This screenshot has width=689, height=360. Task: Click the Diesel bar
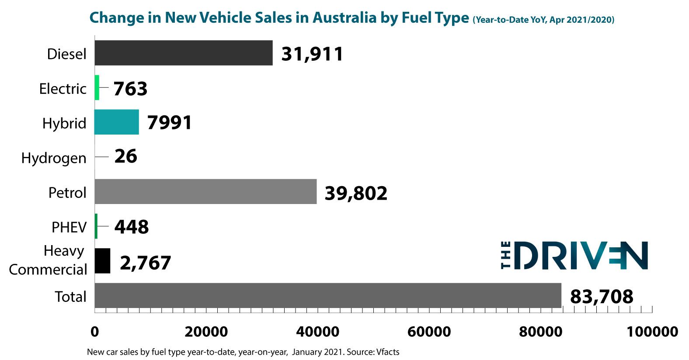[x=183, y=53]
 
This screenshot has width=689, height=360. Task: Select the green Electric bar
[x=97, y=87]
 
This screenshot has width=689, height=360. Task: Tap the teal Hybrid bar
[x=117, y=122]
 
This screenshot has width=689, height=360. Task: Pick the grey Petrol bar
[x=205, y=191]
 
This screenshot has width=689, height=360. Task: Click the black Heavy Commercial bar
[x=102, y=261]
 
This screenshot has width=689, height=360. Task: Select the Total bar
[x=327, y=295]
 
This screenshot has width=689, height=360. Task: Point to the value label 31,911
[x=312, y=54]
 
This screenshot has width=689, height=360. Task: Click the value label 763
[x=130, y=89]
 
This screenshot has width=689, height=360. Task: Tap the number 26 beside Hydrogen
[x=126, y=156]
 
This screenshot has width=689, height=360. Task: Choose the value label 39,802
[x=356, y=193]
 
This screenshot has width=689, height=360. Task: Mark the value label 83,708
[x=602, y=297]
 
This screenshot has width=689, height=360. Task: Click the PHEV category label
[x=69, y=227]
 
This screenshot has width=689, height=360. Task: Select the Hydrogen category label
[x=54, y=158]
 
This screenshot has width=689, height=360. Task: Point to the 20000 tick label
[x=206, y=332]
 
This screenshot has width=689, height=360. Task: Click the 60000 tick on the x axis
[x=429, y=332]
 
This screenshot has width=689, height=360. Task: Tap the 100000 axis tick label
[x=652, y=332]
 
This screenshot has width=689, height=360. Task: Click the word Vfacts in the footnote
[x=388, y=352]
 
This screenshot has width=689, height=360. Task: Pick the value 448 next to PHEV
[x=132, y=227]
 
